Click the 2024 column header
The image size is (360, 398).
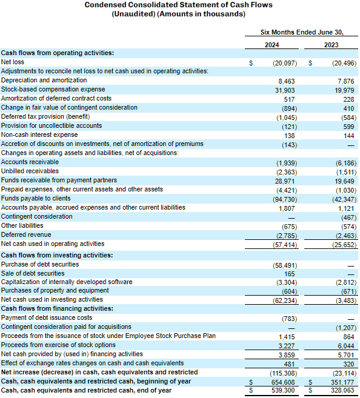pos(272,45)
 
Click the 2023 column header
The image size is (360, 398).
pos(331,45)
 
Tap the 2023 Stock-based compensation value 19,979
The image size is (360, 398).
pos(344,90)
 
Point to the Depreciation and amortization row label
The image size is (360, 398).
pos(44,80)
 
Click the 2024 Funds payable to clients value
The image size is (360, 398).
pos(285,199)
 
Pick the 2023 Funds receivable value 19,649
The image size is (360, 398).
pos(344,181)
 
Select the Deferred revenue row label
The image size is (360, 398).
pos(26,234)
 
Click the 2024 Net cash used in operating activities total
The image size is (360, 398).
pos(285,245)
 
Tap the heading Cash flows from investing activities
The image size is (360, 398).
pos(57,255)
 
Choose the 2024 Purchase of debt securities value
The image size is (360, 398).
pos(285,265)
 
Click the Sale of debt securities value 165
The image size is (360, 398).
pos(290,274)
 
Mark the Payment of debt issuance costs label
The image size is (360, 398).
pos(47,317)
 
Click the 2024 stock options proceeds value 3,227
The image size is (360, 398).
pos(287,346)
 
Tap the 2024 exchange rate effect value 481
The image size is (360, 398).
pos(290,364)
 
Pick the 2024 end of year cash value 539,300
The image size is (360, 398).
pos(283,390)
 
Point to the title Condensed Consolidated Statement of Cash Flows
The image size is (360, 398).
pos(178,5)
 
